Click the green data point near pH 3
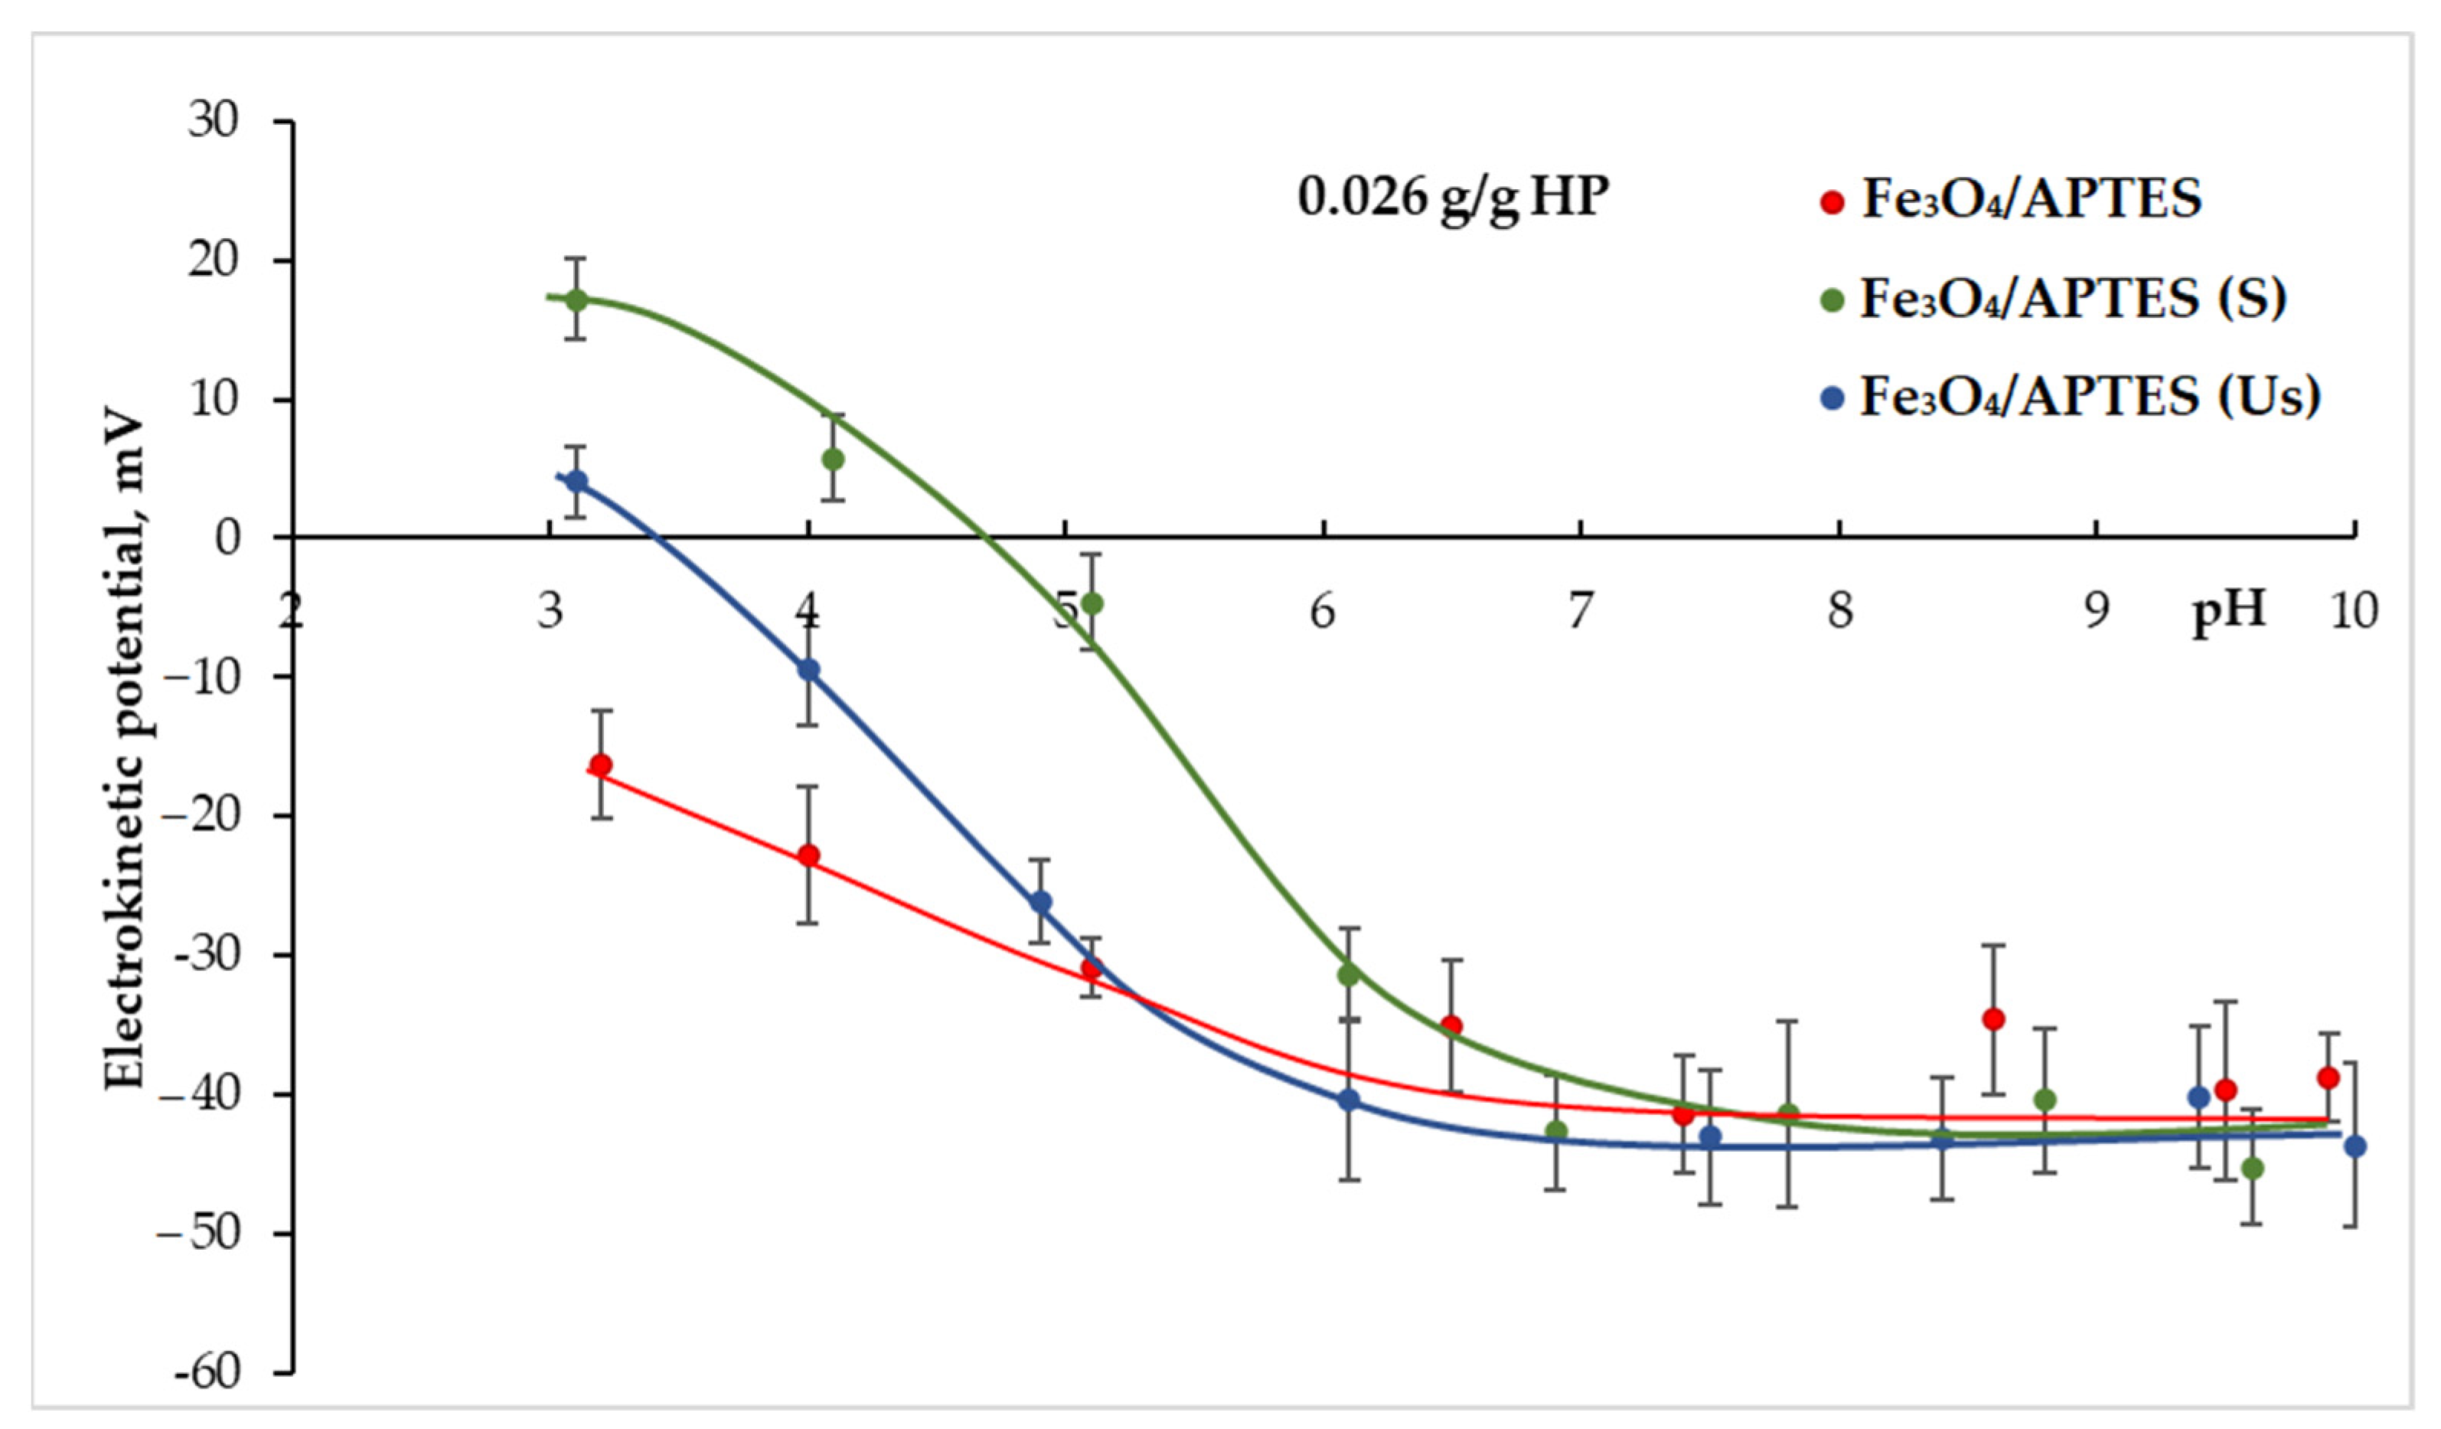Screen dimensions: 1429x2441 (576, 299)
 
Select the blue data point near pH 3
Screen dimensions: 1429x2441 (576, 482)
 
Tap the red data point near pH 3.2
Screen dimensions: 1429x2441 (601, 765)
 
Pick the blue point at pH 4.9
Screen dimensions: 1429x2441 (1041, 903)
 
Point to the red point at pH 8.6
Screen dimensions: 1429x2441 (1993, 1019)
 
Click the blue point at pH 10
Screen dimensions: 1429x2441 (2355, 1147)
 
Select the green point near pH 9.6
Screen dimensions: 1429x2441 (2253, 1169)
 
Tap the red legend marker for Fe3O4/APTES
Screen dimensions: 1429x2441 (1832, 202)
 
